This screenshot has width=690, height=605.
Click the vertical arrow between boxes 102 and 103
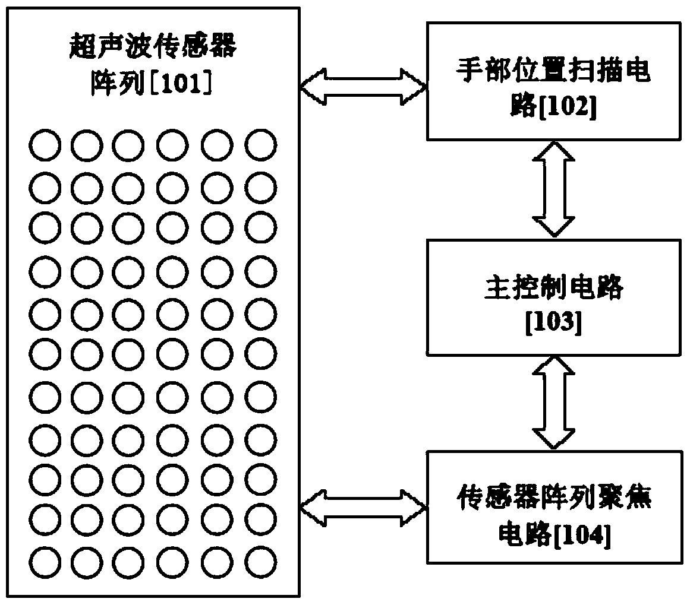555,189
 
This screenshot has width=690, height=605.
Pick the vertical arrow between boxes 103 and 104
555,403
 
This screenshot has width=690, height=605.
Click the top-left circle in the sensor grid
45,146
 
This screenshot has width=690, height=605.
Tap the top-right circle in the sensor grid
260,146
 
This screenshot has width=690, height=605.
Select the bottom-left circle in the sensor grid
45,560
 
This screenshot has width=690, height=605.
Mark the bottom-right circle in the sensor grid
260,560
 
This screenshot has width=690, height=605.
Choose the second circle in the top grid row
87,146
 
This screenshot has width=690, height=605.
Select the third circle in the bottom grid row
128,560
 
